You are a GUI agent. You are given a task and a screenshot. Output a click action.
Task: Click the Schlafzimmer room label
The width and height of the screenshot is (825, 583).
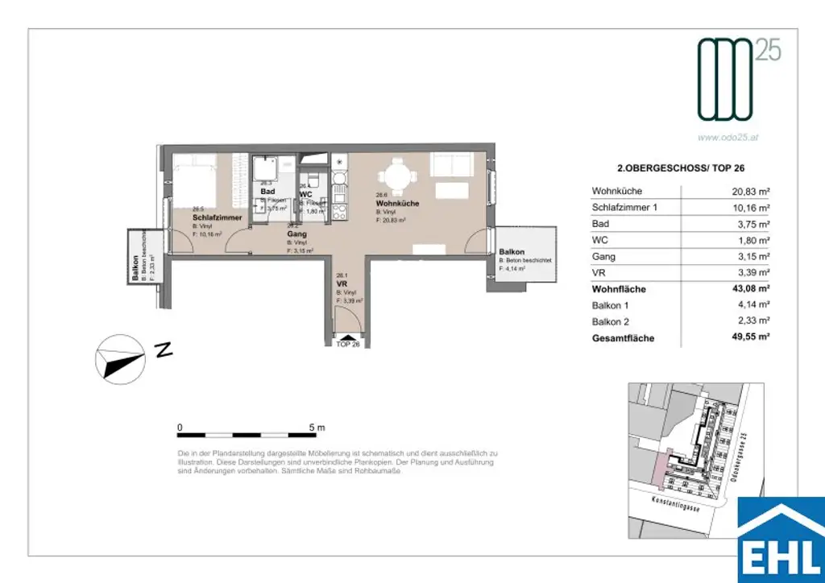tap(217, 218)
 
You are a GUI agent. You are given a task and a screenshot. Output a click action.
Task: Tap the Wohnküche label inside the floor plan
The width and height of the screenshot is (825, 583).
tap(397, 204)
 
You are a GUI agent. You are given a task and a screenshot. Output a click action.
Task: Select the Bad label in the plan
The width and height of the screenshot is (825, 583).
tap(267, 192)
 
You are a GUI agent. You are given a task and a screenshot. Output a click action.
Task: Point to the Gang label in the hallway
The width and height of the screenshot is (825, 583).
tap(297, 234)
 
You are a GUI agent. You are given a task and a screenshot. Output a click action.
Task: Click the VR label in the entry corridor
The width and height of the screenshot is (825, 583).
tap(341, 283)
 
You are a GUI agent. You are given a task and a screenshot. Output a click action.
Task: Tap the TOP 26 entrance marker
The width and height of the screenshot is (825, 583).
tap(349, 343)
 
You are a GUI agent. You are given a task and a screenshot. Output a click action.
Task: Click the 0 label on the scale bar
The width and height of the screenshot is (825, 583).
tap(180, 427)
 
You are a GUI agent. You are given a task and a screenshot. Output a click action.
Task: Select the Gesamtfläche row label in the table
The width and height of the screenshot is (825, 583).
tap(623, 338)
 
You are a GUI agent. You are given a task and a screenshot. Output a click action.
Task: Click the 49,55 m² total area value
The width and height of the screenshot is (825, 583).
tap(747, 338)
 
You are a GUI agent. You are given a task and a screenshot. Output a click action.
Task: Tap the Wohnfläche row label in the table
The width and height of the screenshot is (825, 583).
tap(619, 289)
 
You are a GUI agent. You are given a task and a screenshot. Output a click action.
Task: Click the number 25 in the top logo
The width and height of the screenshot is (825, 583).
tap(768, 52)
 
